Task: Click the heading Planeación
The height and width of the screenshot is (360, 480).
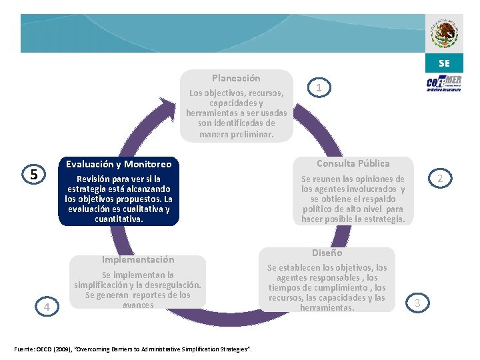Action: (x=236, y=78)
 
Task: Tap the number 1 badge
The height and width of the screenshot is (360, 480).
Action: (x=319, y=88)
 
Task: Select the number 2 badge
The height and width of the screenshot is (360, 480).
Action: (x=440, y=179)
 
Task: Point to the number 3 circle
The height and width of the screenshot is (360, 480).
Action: (x=417, y=303)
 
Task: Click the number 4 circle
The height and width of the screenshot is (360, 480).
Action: (x=47, y=306)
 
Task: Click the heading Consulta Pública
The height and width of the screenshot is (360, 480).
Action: (x=353, y=163)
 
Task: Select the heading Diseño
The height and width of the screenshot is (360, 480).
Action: (x=327, y=253)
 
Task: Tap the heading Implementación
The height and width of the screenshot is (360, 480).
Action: (x=137, y=259)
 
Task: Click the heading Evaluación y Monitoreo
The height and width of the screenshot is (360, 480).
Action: (x=119, y=164)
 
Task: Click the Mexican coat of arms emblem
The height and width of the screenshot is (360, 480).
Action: (x=444, y=33)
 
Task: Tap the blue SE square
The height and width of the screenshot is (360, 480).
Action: (x=444, y=64)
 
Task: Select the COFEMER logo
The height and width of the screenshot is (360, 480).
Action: (x=444, y=85)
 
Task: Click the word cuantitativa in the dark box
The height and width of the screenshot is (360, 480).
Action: (x=118, y=219)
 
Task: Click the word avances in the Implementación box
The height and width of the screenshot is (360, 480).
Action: (x=138, y=305)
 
